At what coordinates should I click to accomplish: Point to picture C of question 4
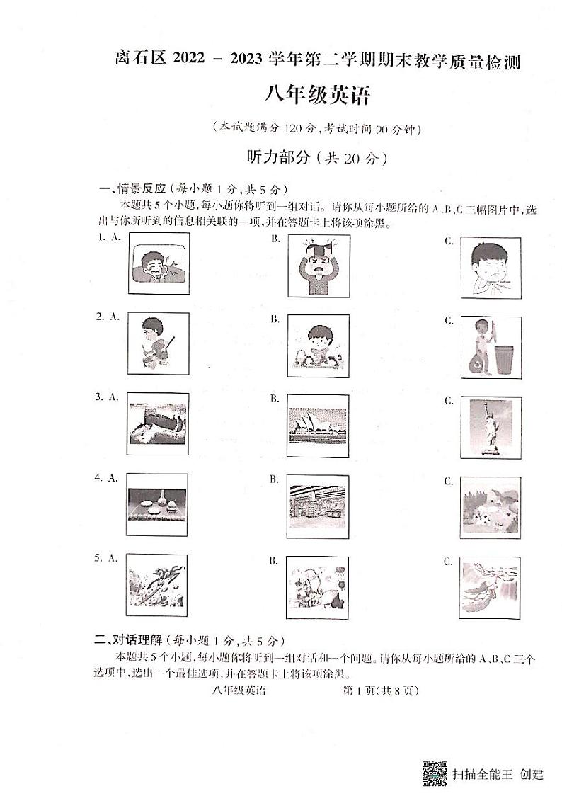(x=491, y=508)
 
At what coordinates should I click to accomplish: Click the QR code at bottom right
(x=435, y=773)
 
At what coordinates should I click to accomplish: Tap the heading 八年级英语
(x=316, y=95)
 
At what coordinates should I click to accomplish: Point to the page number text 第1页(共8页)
(x=380, y=690)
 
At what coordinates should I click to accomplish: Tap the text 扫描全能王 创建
(x=498, y=773)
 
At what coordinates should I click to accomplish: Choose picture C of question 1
(x=491, y=266)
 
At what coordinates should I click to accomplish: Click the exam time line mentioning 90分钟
(x=316, y=129)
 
